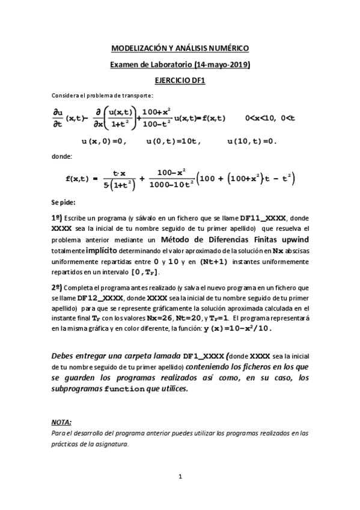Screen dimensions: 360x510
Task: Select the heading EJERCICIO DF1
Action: click(180, 79)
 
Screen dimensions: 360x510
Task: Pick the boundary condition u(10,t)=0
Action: click(252, 141)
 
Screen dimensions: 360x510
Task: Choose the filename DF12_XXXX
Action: click(100, 298)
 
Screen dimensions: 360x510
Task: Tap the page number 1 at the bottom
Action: click(180, 478)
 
